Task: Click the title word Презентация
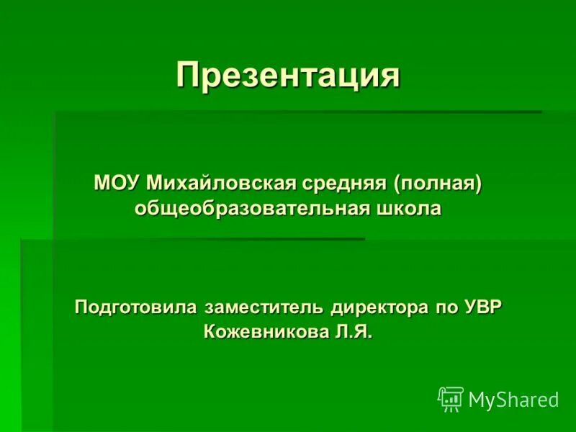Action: (288, 76)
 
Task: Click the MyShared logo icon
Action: (451, 398)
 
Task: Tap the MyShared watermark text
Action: (513, 400)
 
